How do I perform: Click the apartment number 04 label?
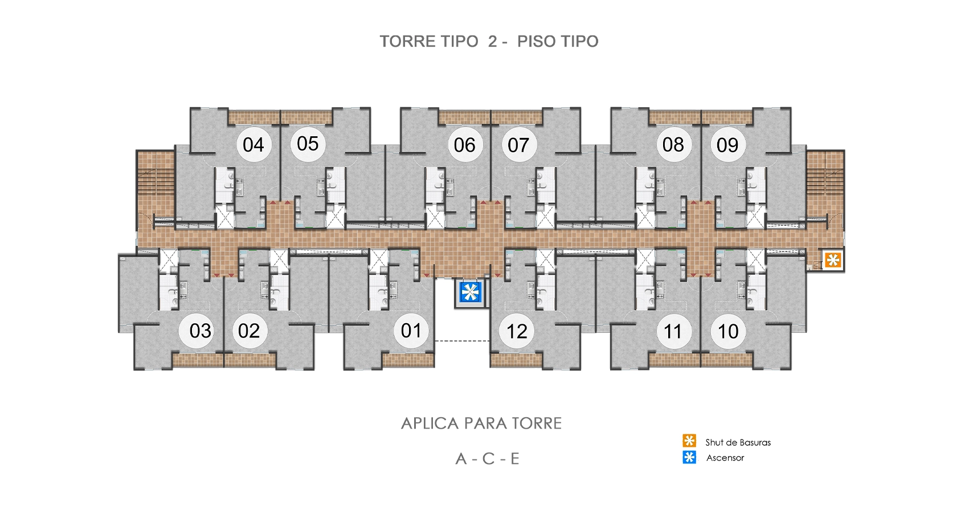click(x=254, y=145)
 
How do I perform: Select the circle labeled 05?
click(x=308, y=144)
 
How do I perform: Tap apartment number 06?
click(x=464, y=145)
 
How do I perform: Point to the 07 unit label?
click(x=518, y=145)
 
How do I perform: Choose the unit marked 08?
click(x=673, y=145)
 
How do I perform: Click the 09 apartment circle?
click(x=727, y=145)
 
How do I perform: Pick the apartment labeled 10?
click(x=728, y=331)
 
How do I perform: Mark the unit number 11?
click(x=673, y=331)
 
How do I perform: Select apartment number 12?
click(x=517, y=331)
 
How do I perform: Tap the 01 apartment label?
click(x=411, y=331)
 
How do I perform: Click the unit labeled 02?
click(x=249, y=331)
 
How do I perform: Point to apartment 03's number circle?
click(x=200, y=331)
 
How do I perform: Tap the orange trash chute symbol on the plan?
click(x=833, y=260)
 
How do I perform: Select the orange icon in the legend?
click(x=689, y=441)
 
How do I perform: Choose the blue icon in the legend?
click(x=689, y=457)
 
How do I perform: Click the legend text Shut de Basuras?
click(x=738, y=442)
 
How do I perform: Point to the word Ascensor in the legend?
click(x=725, y=458)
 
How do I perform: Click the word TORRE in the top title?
click(x=405, y=42)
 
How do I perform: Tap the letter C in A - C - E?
click(x=488, y=459)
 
